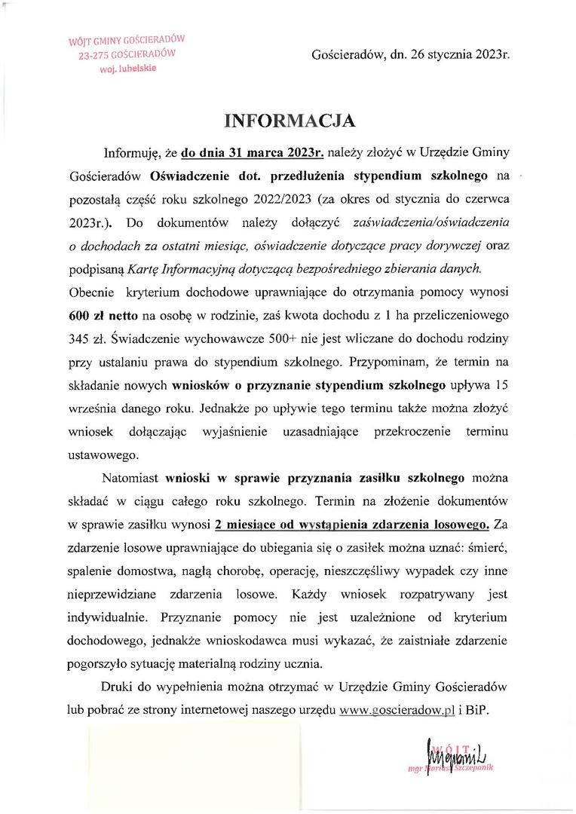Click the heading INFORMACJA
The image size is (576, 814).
(x=289, y=121)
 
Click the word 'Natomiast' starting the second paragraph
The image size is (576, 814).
(x=130, y=478)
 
